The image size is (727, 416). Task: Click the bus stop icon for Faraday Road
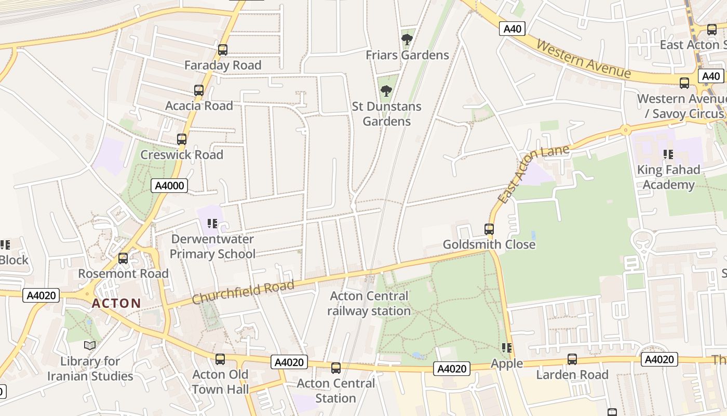coord(223,50)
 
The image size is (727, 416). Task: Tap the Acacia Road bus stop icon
coord(199,90)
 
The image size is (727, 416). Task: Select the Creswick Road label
coord(182,155)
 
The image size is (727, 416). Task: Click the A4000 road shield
coord(169,186)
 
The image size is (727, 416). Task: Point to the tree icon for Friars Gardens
coord(407,39)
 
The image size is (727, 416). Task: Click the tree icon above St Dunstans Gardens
coord(386,91)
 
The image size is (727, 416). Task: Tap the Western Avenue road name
coord(583,58)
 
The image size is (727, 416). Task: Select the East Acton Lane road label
coord(533,173)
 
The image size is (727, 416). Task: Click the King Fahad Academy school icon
coord(668,154)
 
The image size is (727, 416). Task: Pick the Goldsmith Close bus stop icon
coord(489,229)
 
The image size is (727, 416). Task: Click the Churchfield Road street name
coord(243,292)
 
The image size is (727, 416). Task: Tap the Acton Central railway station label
coord(369,304)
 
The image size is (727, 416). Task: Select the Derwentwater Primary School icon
coord(212,224)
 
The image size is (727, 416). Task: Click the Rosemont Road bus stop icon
coord(123,258)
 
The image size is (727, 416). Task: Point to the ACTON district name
coord(116,303)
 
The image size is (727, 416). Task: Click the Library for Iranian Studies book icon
coord(90,345)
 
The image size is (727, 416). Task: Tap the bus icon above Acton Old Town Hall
coord(220,359)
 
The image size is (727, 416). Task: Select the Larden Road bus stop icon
coord(572,359)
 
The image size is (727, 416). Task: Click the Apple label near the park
coord(507,363)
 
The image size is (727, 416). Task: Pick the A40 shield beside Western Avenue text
coord(513,29)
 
